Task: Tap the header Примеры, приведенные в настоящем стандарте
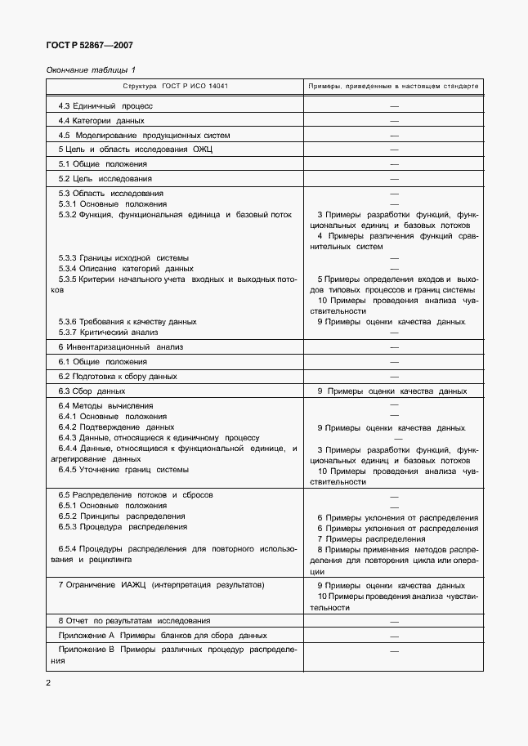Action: click(393, 86)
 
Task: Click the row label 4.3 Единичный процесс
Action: click(105, 105)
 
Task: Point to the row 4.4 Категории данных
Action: click(101, 120)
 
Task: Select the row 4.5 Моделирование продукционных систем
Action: click(144, 135)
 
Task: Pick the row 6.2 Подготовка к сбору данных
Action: click(117, 376)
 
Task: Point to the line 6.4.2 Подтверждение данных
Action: click(116, 427)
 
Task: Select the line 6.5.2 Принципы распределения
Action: click(121, 516)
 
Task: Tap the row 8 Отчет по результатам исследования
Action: click(134, 620)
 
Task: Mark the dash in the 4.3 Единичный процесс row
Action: click(393, 106)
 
